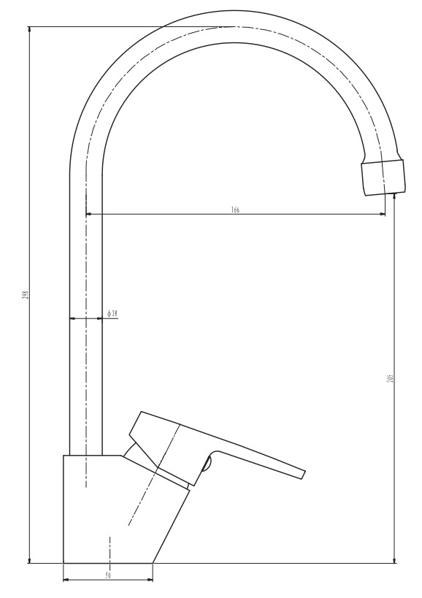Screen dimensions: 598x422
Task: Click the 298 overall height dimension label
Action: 25,295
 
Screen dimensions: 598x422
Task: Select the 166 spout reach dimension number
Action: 235,210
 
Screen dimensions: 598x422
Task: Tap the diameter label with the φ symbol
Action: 112,313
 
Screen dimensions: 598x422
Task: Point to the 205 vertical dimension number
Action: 391,379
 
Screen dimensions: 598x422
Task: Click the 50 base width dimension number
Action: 108,576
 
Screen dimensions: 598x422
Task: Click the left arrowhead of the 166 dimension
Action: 90,214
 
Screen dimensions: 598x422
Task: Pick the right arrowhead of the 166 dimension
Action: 382,214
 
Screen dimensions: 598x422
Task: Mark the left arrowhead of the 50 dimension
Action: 67,580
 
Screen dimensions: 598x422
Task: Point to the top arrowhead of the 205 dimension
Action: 395,197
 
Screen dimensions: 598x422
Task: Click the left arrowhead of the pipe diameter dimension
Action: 72,318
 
